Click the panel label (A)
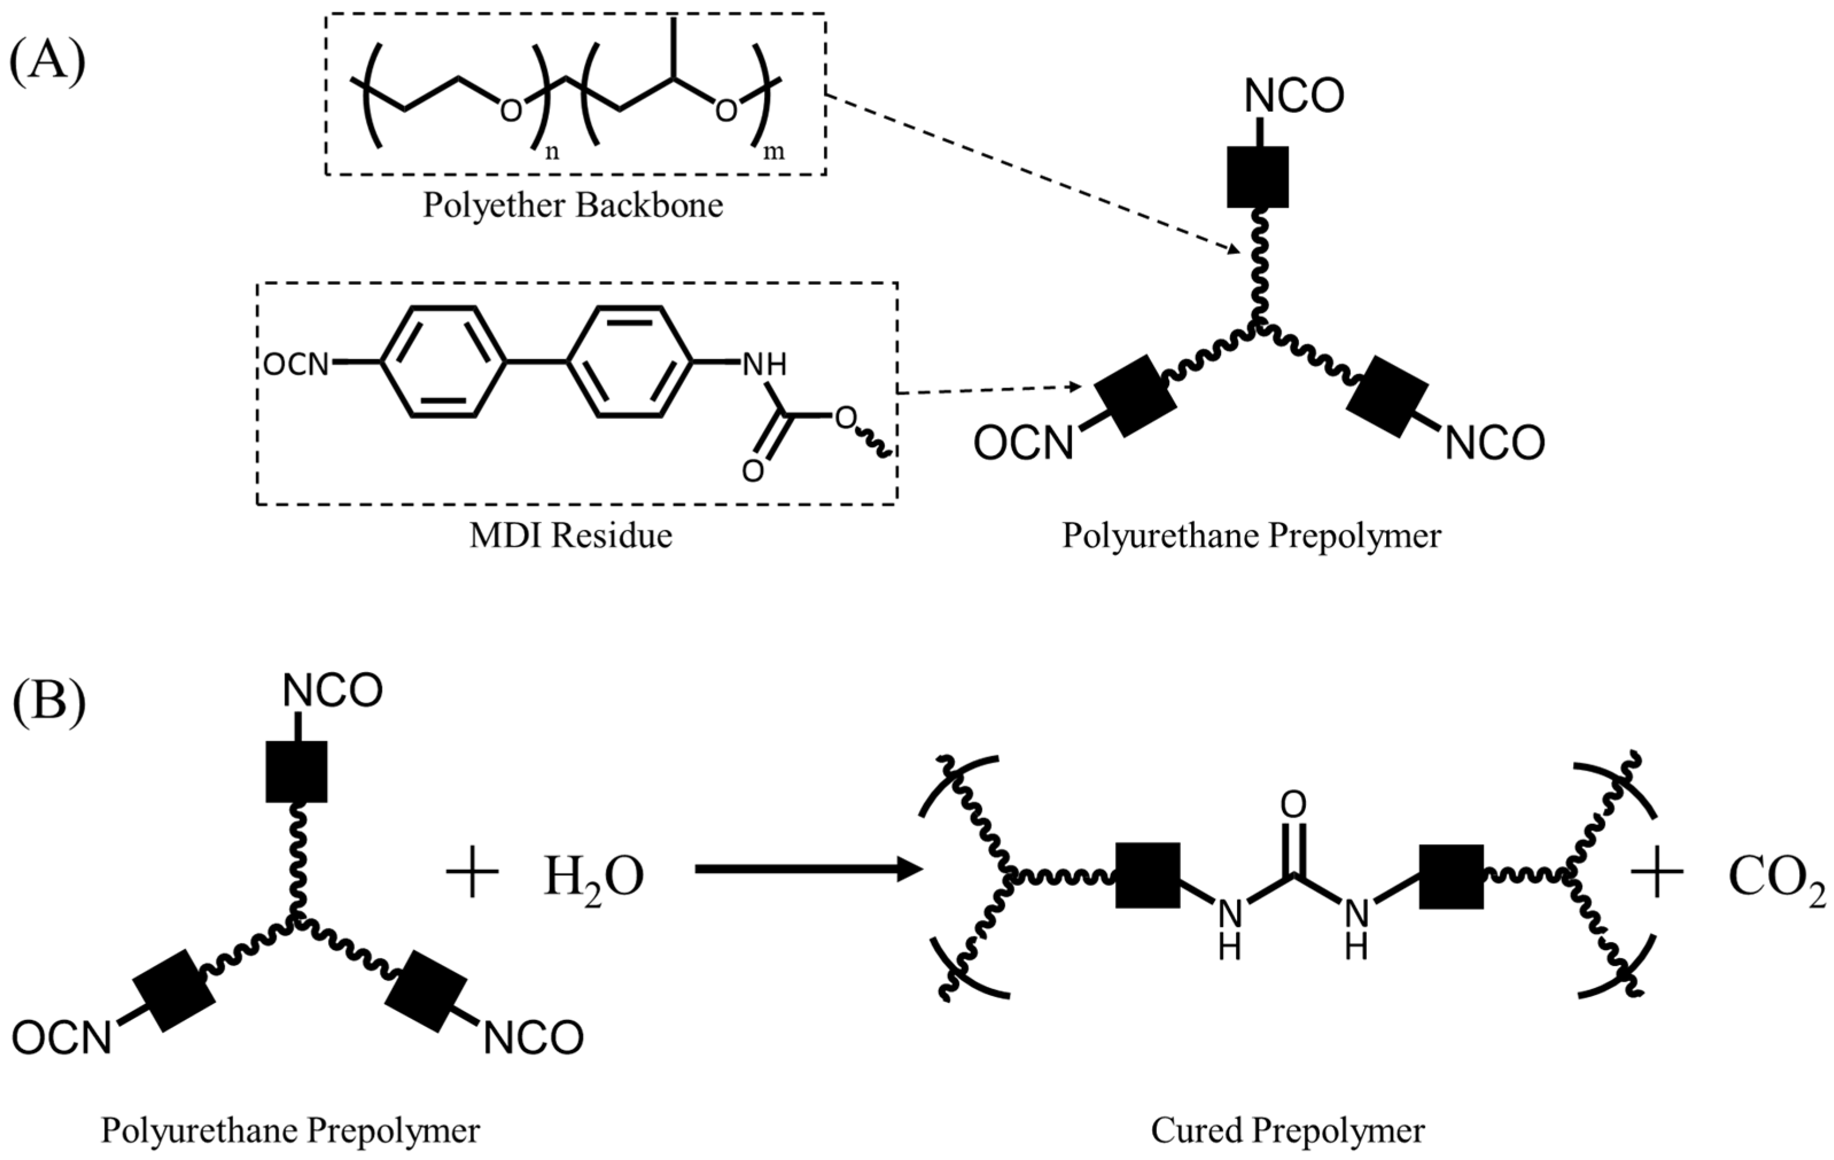47,63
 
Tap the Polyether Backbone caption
573,206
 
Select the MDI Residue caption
571,536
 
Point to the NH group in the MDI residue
764,365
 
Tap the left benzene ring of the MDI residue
443,362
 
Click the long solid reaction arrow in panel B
807,869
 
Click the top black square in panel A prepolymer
1258,177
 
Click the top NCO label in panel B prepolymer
332,692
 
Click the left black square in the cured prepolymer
1148,875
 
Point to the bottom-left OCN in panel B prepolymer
62,1037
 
